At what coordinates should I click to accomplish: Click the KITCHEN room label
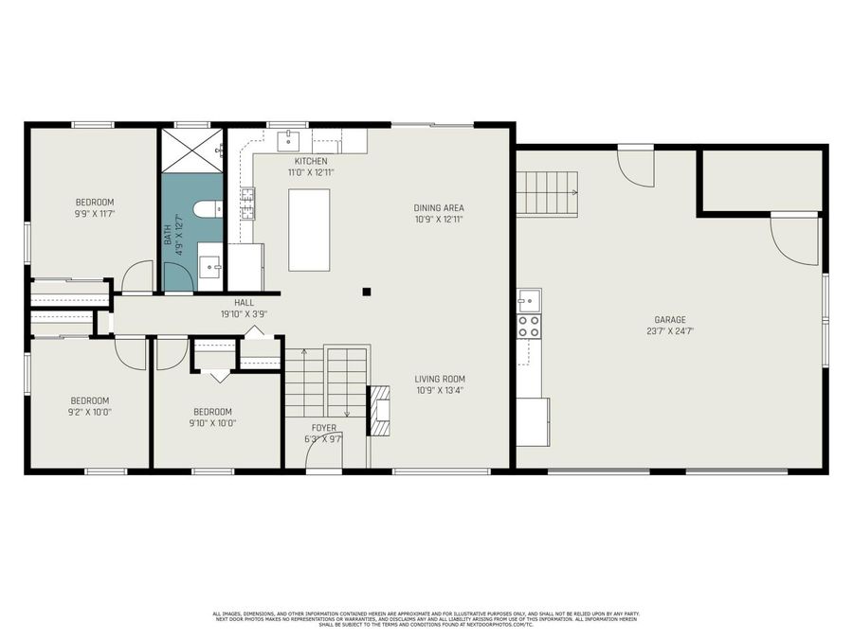click(x=311, y=162)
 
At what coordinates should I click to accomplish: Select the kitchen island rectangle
click(x=309, y=230)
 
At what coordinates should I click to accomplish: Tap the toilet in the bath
click(x=207, y=209)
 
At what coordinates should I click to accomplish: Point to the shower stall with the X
click(x=191, y=150)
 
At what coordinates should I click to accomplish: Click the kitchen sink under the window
click(x=288, y=142)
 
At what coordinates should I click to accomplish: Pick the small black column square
click(x=366, y=292)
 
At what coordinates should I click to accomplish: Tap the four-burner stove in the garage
click(x=528, y=327)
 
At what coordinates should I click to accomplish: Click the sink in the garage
click(x=528, y=300)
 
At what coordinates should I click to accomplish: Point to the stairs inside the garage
click(x=547, y=193)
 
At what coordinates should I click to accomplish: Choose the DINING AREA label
click(x=439, y=208)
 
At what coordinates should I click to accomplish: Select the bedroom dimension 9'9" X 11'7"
click(x=95, y=215)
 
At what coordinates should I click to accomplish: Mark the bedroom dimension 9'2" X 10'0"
click(x=89, y=413)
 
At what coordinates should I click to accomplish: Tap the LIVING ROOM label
click(x=440, y=380)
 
